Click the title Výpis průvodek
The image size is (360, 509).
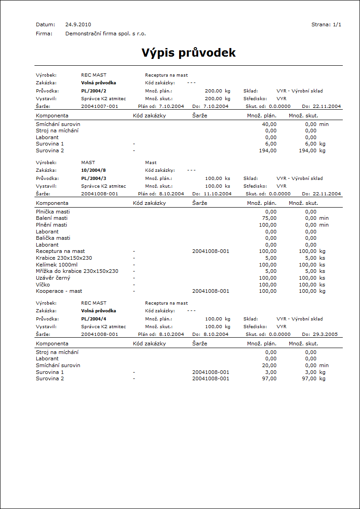(x=189, y=53)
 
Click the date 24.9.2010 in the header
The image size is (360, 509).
(x=78, y=24)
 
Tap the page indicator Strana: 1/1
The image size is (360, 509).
(x=326, y=24)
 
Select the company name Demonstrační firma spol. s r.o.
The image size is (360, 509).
(x=106, y=34)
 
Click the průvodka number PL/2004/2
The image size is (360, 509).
(x=94, y=91)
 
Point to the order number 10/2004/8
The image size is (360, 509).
(x=93, y=170)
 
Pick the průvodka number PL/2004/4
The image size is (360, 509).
(x=94, y=319)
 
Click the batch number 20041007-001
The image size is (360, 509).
(x=99, y=106)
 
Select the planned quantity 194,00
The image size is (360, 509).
(x=268, y=150)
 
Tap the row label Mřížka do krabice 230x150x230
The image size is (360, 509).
(x=77, y=271)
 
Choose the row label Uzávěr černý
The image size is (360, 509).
(x=53, y=278)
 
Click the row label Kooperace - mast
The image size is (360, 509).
(x=59, y=291)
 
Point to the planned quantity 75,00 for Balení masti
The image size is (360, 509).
(x=269, y=218)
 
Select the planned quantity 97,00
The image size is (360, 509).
(x=269, y=378)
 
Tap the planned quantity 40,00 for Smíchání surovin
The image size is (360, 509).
(x=269, y=124)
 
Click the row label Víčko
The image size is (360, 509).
(x=44, y=285)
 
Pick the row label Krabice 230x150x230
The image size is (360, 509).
(x=64, y=258)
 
